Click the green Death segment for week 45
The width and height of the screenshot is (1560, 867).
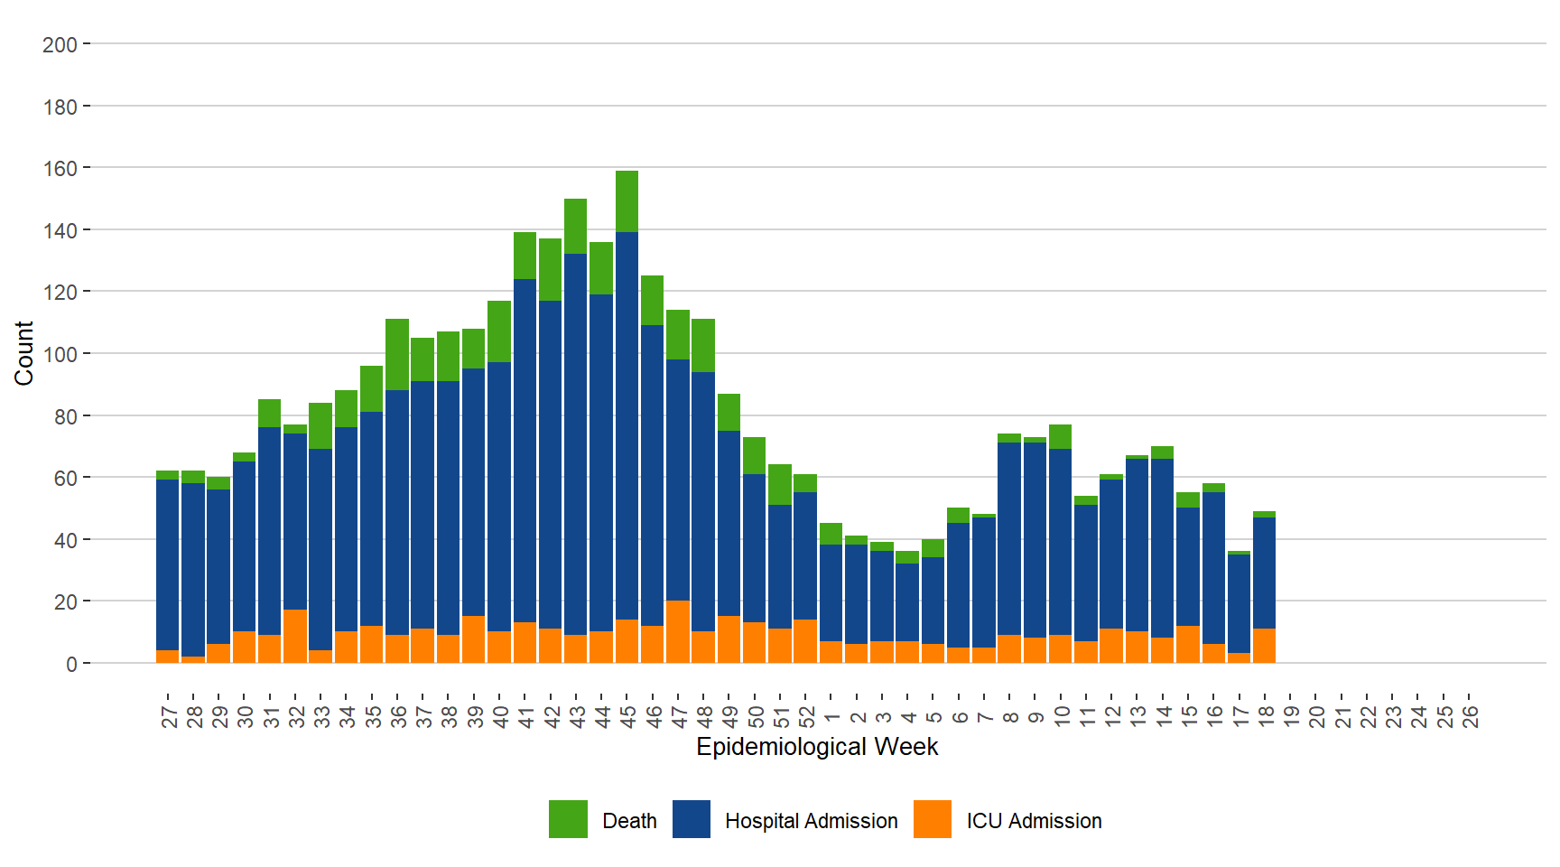point(627,201)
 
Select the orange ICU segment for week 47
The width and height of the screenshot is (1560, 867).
point(678,631)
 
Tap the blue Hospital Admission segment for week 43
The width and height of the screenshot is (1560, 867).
point(576,443)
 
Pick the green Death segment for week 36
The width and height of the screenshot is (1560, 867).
point(397,354)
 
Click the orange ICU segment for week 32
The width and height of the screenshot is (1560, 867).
point(295,636)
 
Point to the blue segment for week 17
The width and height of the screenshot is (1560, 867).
point(1239,603)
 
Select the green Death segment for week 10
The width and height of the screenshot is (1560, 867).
point(1061,436)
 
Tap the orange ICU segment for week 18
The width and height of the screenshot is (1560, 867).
point(1264,645)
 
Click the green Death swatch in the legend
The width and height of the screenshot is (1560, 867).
point(568,819)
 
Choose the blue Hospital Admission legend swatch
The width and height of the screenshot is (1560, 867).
point(692,819)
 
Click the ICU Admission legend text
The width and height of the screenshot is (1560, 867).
point(1034,821)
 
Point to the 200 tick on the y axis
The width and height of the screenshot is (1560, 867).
point(60,44)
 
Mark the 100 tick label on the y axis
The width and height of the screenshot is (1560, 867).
point(60,354)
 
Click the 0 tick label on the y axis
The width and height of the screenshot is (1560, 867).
point(71,664)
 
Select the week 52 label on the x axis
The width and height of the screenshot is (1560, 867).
point(806,717)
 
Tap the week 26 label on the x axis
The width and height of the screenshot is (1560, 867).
point(1470,717)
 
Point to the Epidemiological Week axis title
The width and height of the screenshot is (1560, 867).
point(817,747)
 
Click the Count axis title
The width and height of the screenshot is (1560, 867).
point(23,353)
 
